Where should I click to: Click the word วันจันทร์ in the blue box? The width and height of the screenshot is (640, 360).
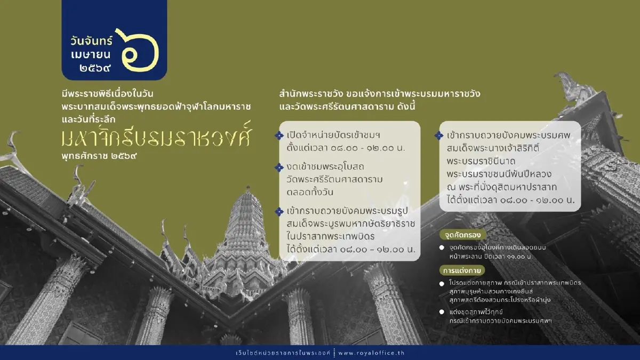click(x=92, y=41)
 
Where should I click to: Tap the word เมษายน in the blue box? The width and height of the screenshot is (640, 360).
click(x=92, y=55)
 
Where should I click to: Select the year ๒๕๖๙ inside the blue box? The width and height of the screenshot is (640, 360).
click(x=92, y=68)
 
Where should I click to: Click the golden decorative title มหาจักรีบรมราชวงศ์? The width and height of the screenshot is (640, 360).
click(x=155, y=138)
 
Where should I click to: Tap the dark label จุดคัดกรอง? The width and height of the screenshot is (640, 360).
click(x=458, y=235)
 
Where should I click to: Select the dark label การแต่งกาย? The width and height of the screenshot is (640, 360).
click(x=458, y=270)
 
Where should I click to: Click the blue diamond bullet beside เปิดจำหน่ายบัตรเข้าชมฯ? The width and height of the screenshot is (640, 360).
click(x=278, y=136)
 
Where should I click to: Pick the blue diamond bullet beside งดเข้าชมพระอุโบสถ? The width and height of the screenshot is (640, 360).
click(x=278, y=167)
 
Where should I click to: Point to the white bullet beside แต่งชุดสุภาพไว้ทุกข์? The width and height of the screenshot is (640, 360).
click(x=442, y=311)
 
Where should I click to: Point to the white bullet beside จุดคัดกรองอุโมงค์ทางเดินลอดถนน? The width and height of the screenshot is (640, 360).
click(x=442, y=248)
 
